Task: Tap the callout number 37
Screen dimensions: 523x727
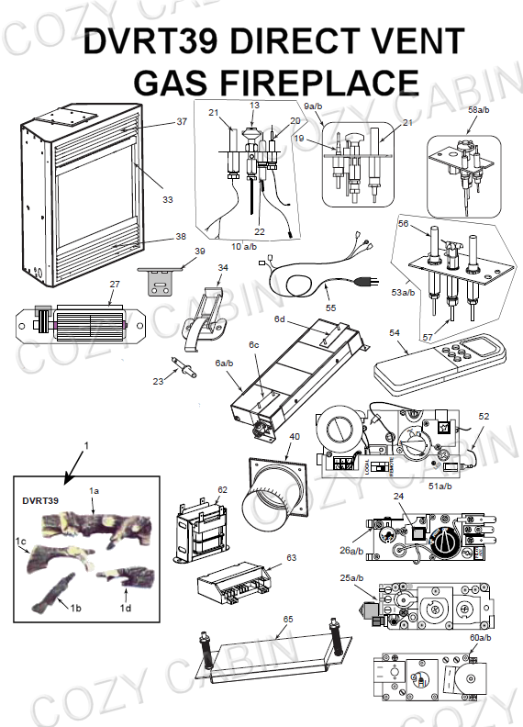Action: (x=182, y=121)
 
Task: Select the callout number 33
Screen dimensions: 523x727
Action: (x=167, y=199)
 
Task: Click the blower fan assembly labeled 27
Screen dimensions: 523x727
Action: (x=80, y=325)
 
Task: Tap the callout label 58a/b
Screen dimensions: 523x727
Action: (x=478, y=110)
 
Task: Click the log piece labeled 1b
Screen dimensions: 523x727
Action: (x=53, y=592)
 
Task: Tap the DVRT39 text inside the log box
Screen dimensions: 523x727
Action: (x=40, y=501)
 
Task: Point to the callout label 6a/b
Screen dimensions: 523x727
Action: (x=224, y=363)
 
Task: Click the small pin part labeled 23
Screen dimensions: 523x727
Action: (x=184, y=365)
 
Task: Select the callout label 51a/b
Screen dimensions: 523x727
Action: (x=440, y=486)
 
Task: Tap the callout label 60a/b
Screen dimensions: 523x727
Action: (x=481, y=638)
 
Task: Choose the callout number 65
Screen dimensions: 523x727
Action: (x=288, y=619)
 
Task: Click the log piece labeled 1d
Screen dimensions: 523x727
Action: (x=126, y=576)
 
